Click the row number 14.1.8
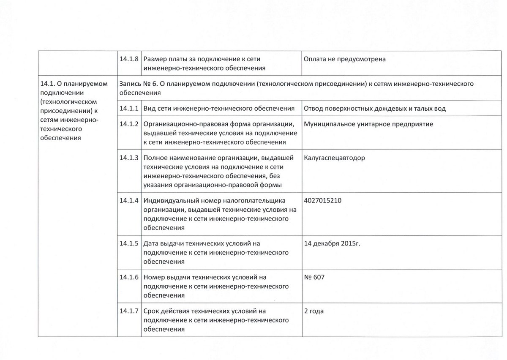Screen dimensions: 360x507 point(129,59)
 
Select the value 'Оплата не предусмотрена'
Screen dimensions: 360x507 point(344,59)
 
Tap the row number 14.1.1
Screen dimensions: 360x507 point(129,109)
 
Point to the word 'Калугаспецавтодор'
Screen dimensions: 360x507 point(334,158)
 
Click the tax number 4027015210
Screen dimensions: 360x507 point(323,200)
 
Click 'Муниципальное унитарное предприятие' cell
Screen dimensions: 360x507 point(368,124)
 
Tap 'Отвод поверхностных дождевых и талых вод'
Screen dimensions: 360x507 point(374,109)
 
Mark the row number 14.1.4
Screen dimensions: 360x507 point(129,200)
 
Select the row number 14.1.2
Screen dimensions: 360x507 point(129,124)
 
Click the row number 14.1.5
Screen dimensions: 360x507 point(129,244)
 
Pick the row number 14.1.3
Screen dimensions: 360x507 point(129,158)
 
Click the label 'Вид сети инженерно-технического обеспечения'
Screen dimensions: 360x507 point(219,109)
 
